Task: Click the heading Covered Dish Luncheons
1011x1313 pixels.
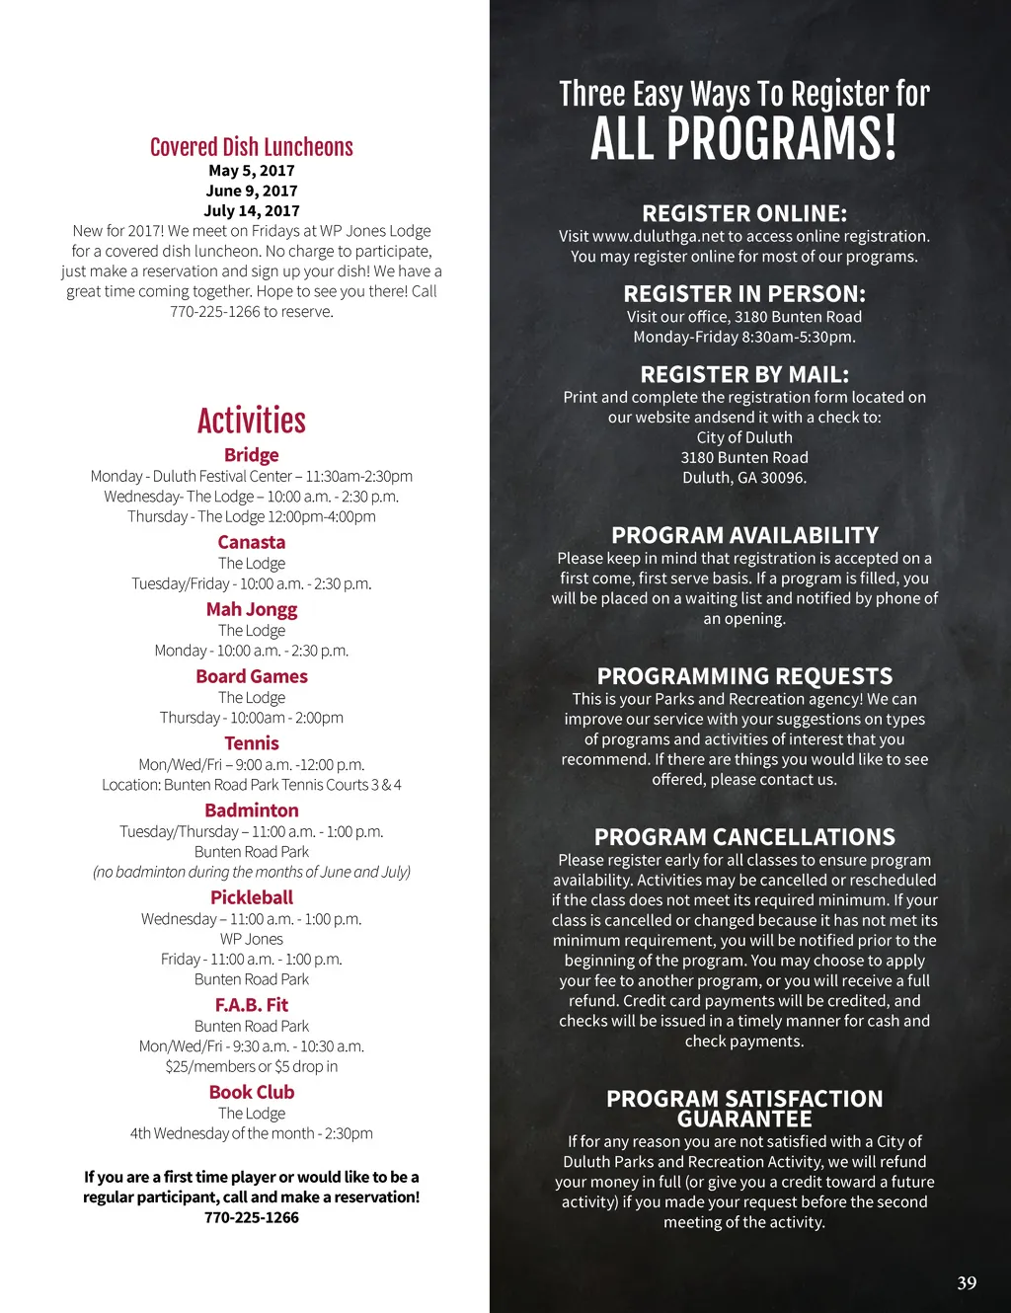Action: coord(252,147)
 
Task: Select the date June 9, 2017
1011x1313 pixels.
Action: coord(252,191)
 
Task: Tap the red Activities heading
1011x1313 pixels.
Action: coord(252,421)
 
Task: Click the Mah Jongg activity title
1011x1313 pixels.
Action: coord(252,609)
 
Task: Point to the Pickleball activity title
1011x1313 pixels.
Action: coord(252,897)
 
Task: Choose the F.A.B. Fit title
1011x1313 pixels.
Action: coord(252,1005)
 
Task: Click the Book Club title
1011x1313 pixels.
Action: coord(252,1092)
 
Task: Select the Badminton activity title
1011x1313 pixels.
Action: coord(252,811)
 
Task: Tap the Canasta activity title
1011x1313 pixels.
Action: coord(252,542)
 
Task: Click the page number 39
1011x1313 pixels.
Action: coord(967,1282)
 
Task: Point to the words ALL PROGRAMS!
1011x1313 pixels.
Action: coord(744,138)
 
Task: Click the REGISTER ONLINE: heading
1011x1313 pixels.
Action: coord(744,213)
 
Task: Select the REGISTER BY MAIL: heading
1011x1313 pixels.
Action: coord(744,374)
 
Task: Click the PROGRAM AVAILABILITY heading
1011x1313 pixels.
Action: coord(744,535)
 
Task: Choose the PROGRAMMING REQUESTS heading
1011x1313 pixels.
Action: coord(744,676)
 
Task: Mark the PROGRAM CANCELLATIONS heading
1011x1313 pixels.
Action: coord(744,837)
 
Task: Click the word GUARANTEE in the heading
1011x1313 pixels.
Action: coord(744,1120)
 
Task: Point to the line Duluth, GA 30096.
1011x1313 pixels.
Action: coord(744,478)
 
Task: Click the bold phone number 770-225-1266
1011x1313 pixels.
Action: coord(252,1217)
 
